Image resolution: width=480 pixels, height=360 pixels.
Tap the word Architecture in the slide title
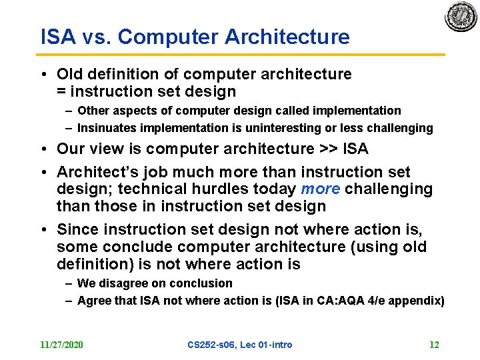pos(287,37)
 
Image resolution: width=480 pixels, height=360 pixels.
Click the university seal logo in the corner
pos(461,18)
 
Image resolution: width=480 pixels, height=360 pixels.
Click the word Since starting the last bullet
pos(78,229)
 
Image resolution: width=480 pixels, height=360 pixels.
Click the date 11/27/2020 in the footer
pos(61,345)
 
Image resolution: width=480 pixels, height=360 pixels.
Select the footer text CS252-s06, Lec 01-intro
pos(240,345)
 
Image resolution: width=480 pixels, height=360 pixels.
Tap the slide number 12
pos(434,345)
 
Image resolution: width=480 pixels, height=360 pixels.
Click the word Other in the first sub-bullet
pos(92,111)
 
